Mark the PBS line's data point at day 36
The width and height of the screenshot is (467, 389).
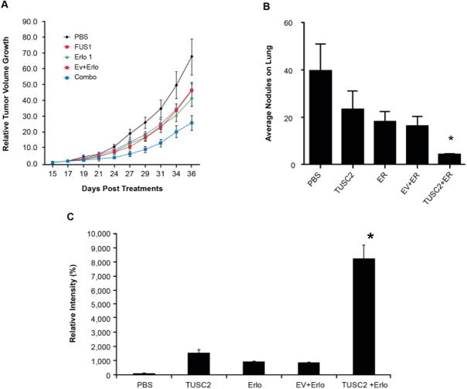tap(213, 56)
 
